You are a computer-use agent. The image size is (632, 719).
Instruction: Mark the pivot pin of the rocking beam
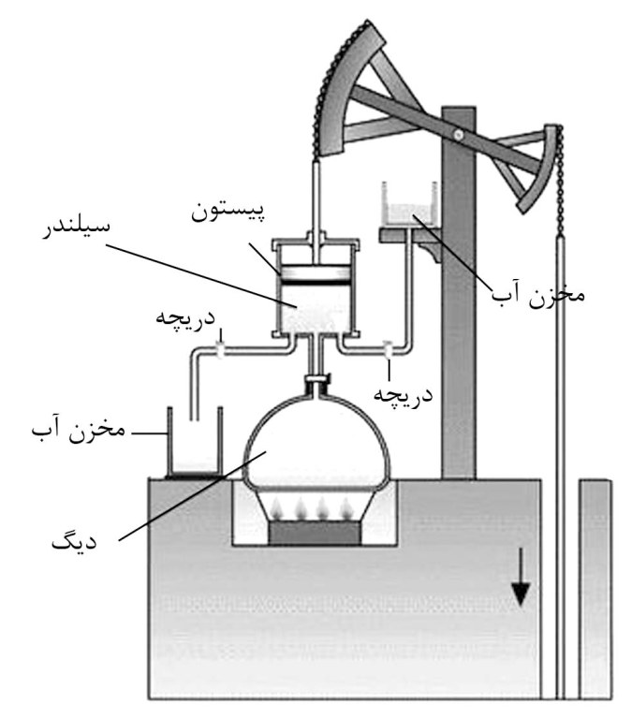click(x=457, y=137)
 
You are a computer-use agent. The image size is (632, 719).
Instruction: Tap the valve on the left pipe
click(x=218, y=350)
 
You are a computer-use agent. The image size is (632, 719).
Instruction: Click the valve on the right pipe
click(x=387, y=350)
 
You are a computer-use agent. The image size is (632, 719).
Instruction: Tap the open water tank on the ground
click(x=194, y=444)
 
